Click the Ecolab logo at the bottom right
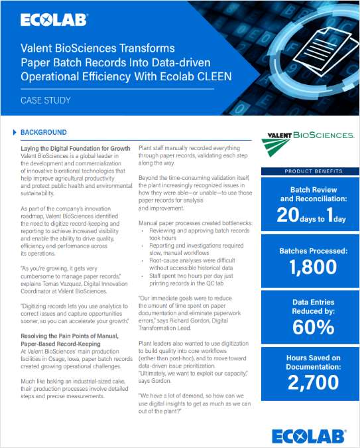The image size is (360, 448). (308, 435)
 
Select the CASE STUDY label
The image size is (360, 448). (44, 102)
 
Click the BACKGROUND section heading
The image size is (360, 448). (44, 132)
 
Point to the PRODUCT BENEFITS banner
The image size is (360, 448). (308, 171)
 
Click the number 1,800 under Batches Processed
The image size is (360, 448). (308, 268)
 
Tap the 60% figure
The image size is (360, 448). (308, 327)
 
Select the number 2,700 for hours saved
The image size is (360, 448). (308, 382)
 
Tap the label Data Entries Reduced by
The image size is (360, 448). (308, 307)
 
